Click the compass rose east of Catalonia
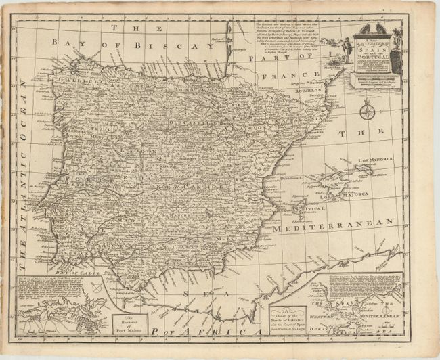click(x=368, y=112)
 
